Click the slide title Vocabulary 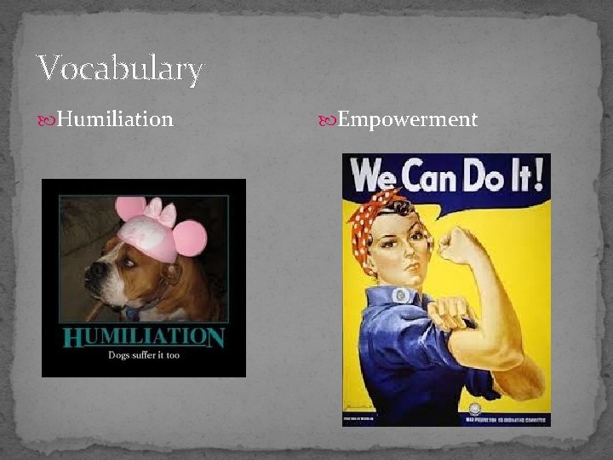pos(119,68)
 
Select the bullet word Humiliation pos(115,119)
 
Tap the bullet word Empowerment pos(407,119)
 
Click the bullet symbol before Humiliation pos(49,120)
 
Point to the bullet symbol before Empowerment pos(327,120)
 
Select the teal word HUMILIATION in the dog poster pos(143,337)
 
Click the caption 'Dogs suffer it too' pos(143,355)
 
